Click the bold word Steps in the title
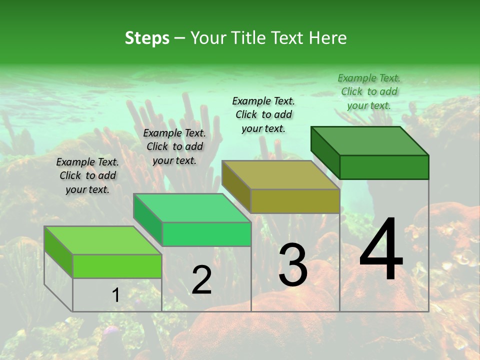[x=147, y=38]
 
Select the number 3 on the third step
[x=292, y=264]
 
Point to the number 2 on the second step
[x=201, y=280]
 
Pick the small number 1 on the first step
[x=115, y=295]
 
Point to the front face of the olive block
[x=295, y=201]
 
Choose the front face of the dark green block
[x=384, y=167]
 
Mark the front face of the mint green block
[x=206, y=234]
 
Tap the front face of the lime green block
[x=117, y=266]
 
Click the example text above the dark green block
[x=369, y=91]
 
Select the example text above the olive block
[x=263, y=114]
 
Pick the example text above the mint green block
[x=174, y=146]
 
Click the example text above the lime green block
[x=87, y=175]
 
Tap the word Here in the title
[x=328, y=38]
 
